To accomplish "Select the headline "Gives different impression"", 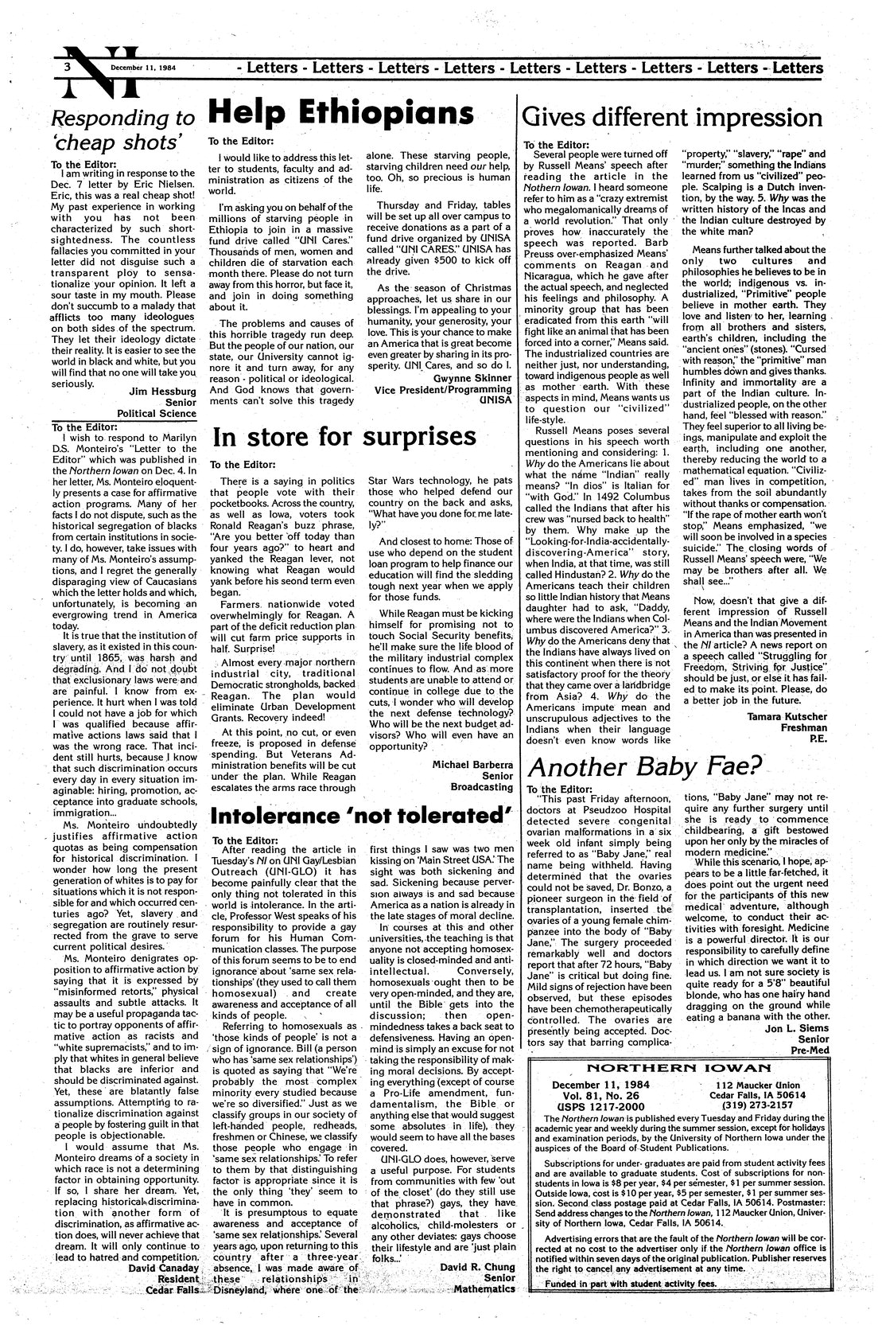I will [671, 118].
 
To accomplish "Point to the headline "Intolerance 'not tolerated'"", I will [359, 816].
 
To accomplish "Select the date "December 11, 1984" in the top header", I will [143, 68].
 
